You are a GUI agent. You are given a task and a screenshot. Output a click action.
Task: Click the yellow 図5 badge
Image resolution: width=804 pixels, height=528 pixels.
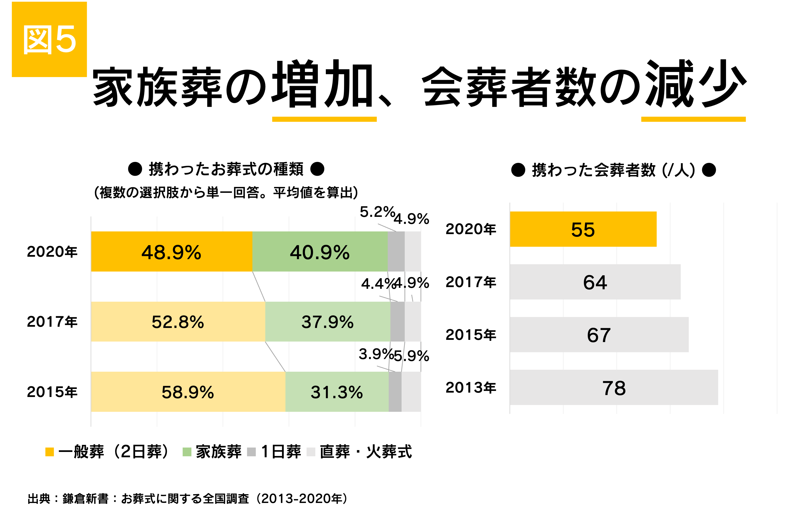coord(49,39)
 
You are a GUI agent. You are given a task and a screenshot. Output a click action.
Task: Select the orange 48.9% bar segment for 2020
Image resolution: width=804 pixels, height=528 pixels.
coord(171,252)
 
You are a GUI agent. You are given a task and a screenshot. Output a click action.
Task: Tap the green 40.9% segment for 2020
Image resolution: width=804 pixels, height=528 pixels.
coord(320,252)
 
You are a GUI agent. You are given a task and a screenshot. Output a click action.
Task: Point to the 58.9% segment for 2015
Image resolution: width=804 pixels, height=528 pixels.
coord(188,392)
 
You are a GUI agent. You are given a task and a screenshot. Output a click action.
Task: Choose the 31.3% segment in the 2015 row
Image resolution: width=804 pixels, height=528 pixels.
coord(337,392)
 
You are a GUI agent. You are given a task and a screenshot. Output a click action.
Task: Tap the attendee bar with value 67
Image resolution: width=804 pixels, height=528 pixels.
coord(599,335)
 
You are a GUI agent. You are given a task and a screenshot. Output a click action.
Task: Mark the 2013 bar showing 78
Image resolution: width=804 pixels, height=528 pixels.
coord(614,387)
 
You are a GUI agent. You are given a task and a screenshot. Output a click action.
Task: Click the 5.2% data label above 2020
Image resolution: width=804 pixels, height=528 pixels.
coord(377,212)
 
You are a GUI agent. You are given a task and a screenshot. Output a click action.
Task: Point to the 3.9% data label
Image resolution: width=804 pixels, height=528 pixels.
coord(376,354)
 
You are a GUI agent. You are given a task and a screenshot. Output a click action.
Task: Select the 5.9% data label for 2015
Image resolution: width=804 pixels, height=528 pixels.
coord(411,356)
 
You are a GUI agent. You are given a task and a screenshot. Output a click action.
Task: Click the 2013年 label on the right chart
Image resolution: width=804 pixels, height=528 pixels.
coord(471,387)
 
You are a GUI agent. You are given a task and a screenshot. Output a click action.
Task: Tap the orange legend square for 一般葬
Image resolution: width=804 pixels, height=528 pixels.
coord(50,452)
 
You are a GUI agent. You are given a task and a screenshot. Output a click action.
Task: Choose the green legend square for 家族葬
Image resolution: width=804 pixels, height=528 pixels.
coord(187,452)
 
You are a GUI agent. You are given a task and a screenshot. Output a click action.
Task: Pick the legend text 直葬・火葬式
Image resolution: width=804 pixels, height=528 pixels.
coord(365,452)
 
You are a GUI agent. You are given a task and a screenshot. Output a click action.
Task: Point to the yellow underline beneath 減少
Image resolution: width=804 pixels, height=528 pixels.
coord(693,119)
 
